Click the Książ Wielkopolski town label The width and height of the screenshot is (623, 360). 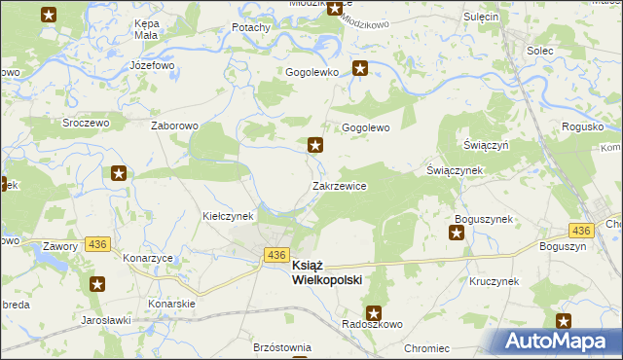(x=326, y=271)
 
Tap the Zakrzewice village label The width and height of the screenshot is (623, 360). (x=339, y=185)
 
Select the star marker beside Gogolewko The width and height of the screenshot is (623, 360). (x=360, y=68)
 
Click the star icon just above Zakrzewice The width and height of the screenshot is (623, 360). (x=315, y=146)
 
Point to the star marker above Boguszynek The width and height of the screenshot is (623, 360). (x=458, y=233)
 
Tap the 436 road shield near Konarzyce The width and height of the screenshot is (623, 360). (x=96, y=242)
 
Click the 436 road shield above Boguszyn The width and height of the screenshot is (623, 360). (x=581, y=231)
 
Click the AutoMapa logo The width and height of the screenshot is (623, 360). (x=563, y=342)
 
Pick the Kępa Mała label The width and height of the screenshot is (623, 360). (x=146, y=28)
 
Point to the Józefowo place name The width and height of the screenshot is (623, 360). (x=151, y=66)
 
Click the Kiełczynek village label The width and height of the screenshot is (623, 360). (x=228, y=215)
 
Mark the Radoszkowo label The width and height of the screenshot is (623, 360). (x=367, y=325)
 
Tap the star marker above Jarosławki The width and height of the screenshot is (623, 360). (x=98, y=284)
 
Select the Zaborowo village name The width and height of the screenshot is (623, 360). (x=175, y=126)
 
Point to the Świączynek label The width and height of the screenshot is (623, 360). (x=455, y=170)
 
